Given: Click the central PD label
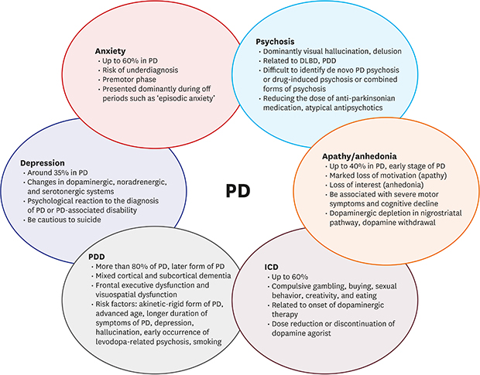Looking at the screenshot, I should pos(237,191).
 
